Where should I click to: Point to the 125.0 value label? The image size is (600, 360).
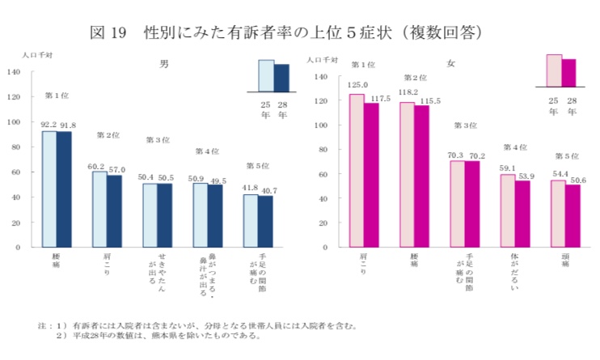coord(357,85)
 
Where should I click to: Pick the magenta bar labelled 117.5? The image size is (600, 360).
coord(371,174)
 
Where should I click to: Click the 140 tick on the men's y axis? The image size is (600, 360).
coord(15,72)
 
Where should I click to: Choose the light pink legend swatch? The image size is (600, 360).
coord(554,70)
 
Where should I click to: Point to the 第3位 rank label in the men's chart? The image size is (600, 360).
coord(158,140)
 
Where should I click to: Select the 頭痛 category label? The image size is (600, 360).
coord(565,263)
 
